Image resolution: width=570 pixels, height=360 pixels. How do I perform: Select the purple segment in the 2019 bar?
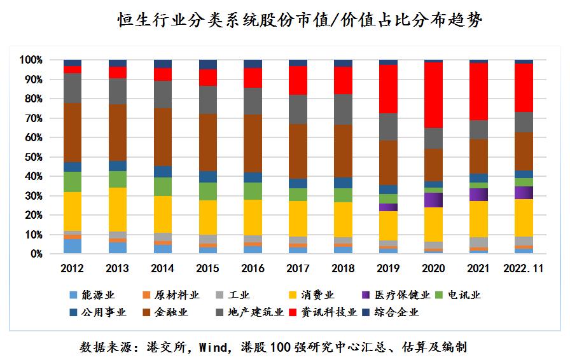click(388, 207)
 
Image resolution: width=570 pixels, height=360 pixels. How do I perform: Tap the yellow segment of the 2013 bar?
click(118, 209)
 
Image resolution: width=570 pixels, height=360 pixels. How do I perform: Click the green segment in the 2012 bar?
click(73, 182)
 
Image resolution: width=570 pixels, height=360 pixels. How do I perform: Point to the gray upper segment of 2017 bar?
click(298, 109)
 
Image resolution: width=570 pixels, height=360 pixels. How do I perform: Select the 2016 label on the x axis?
click(253, 269)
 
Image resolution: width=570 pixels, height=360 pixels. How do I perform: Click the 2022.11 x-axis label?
click(524, 269)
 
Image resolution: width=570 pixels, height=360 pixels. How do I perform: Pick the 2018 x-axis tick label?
click(344, 269)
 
